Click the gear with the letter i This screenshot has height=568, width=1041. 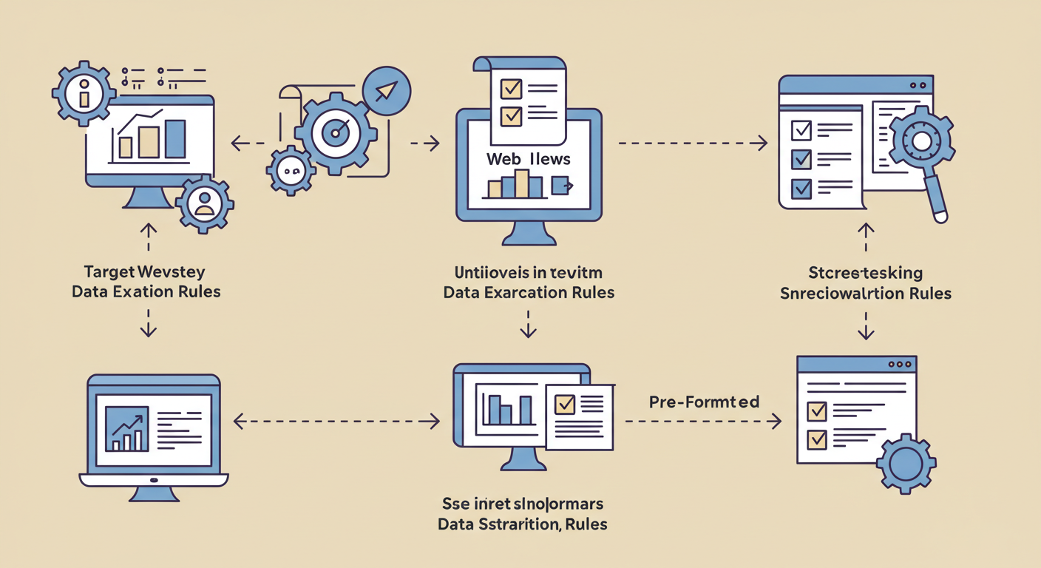click(x=84, y=95)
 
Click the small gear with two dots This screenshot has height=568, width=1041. click(x=291, y=171)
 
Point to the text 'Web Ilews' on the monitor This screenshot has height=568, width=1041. click(x=528, y=159)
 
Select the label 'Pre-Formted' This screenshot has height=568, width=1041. click(x=704, y=402)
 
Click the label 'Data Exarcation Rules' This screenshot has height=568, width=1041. click(x=529, y=292)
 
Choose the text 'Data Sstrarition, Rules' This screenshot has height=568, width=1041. click(x=522, y=524)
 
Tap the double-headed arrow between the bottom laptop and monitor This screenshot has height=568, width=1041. click(x=336, y=422)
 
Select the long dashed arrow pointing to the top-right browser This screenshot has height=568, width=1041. click(x=691, y=143)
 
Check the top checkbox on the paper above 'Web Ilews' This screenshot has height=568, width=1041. click(x=511, y=89)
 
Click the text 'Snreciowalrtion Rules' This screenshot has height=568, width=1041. click(x=866, y=294)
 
